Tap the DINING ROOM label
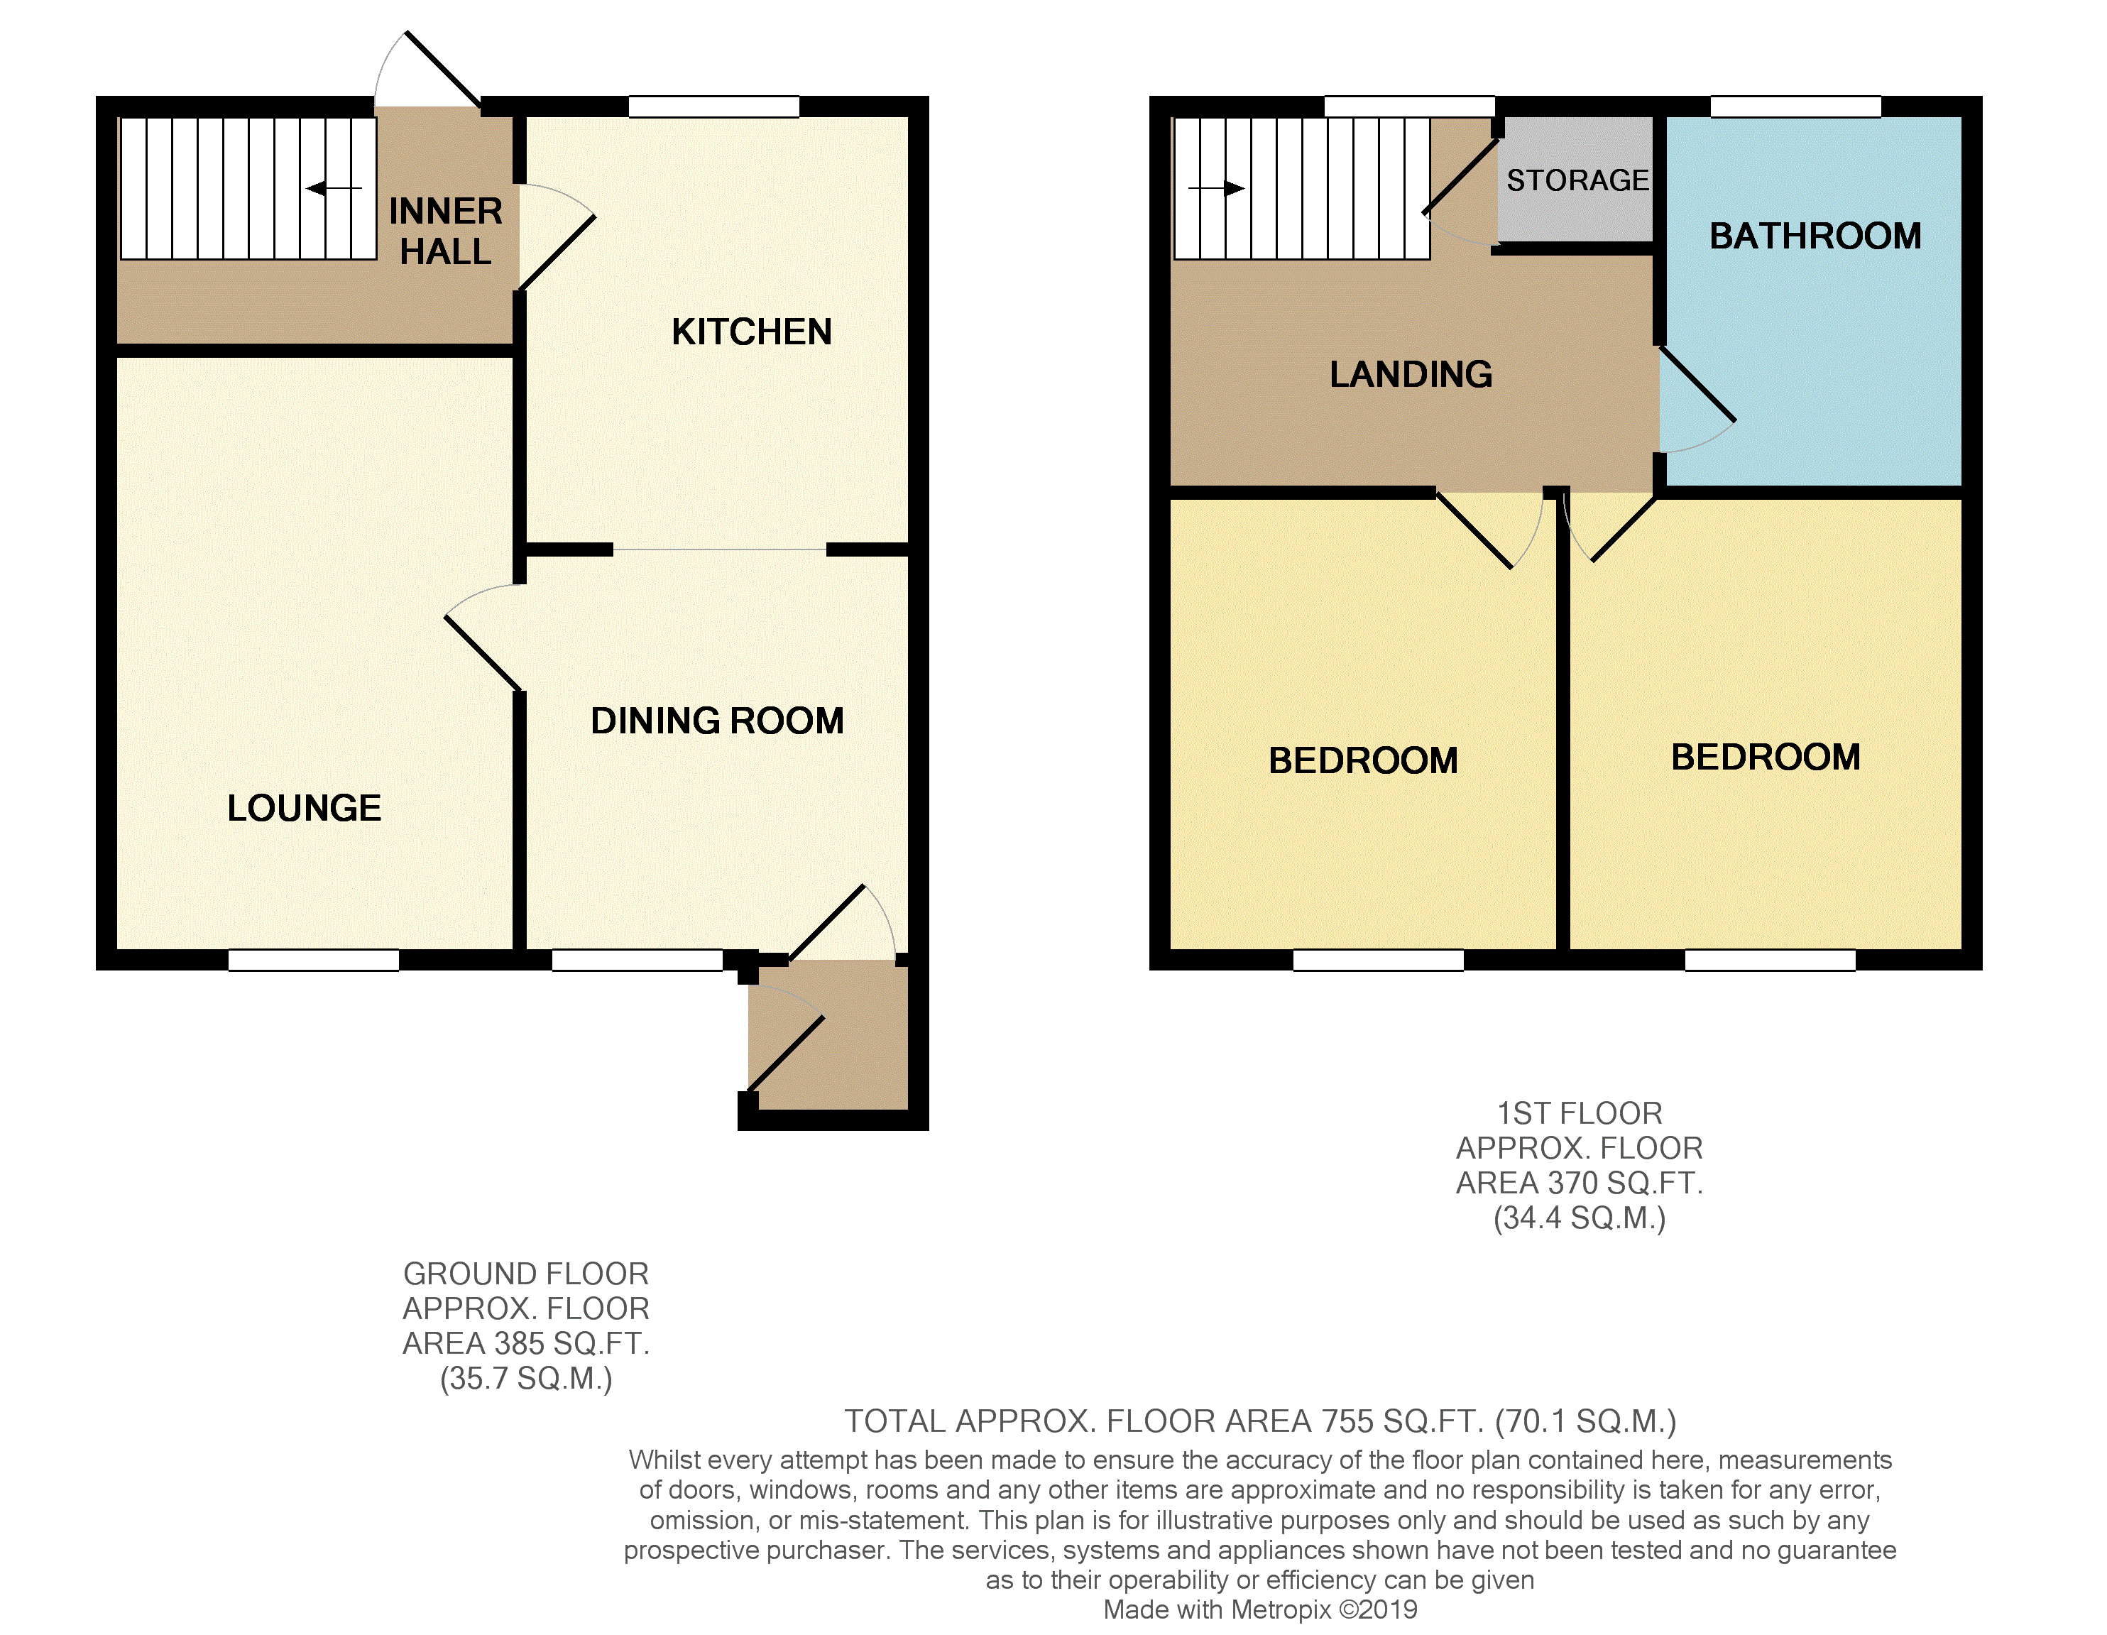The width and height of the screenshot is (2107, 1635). (717, 721)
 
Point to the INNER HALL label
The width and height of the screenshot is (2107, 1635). (446, 231)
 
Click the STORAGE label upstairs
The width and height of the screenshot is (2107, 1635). (1577, 180)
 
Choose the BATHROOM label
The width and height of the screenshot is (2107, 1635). (1815, 236)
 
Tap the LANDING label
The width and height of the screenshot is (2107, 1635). (1411, 374)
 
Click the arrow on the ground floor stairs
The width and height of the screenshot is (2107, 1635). (334, 188)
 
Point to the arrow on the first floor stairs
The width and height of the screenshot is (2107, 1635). (1217, 188)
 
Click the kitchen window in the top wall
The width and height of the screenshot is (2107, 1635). (714, 107)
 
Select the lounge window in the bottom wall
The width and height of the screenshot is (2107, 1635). (314, 960)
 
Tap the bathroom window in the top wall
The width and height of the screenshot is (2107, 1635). (1795, 107)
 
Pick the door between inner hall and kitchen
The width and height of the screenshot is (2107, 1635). (557, 236)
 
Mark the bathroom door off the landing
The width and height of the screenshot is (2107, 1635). (1697, 400)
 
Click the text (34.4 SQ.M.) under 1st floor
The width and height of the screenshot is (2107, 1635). (1580, 1218)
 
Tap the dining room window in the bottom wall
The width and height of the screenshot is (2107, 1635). (637, 960)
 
